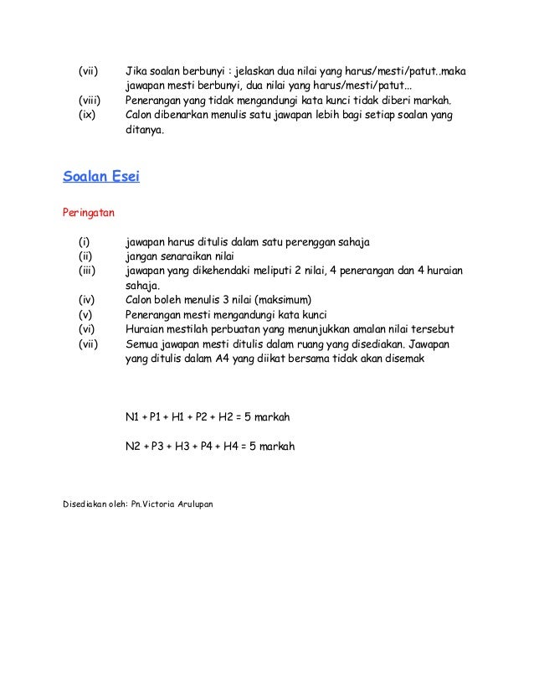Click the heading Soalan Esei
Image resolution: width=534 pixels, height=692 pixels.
click(x=101, y=177)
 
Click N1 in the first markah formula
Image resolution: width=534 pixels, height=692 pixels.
click(x=132, y=416)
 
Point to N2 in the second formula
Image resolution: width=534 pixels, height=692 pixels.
click(x=133, y=446)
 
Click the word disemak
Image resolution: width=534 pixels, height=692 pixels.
click(x=403, y=359)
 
